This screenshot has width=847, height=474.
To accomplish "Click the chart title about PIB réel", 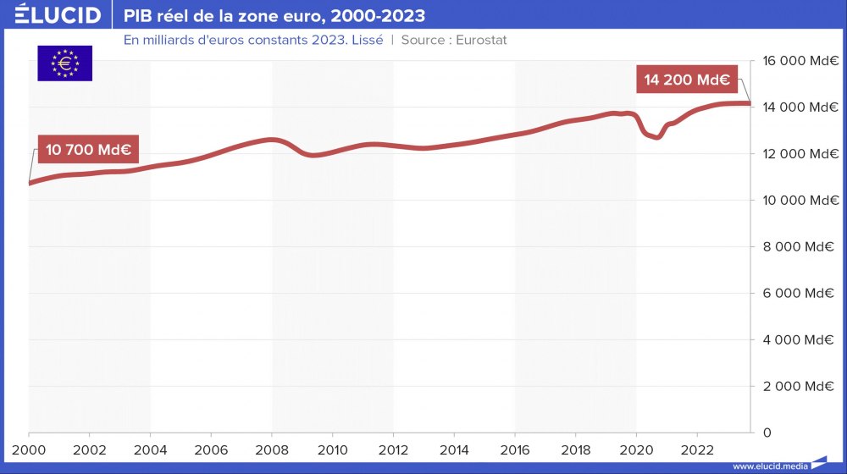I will coord(274,16).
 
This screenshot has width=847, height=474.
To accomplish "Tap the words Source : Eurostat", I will coord(454,40).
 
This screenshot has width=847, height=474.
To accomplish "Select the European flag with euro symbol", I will coord(64,63).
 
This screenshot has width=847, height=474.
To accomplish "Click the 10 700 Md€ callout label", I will coord(87,150).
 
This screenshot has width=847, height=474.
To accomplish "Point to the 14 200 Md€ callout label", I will coord(687,80).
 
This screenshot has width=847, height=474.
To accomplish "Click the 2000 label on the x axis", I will coord(29,449).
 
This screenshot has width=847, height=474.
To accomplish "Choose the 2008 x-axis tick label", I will coord(272,449).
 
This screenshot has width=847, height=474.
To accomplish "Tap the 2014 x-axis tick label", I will coord(454,449).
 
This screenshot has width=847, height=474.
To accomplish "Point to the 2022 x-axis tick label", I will coord(697,449).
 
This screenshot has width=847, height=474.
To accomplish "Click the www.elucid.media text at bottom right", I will coord(768,466).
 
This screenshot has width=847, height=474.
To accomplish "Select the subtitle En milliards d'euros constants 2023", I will coord(253,40).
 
